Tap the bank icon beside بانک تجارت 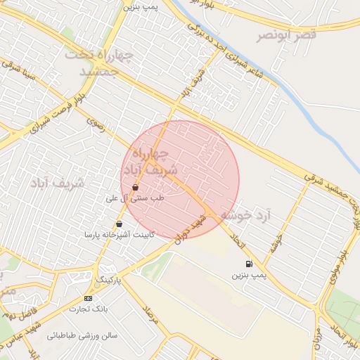point(88,298)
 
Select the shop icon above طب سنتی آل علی point(134,187)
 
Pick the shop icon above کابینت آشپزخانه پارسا point(119,224)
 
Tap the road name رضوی point(96,123)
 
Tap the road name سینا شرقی point(18,70)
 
